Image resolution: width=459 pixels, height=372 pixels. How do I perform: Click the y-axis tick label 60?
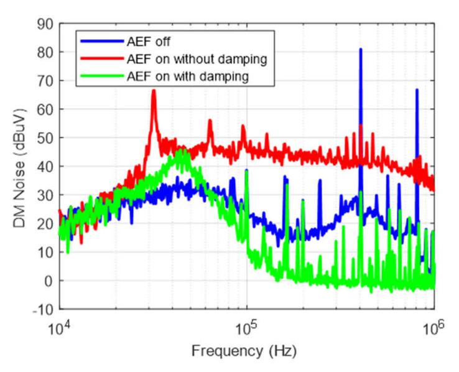(45, 109)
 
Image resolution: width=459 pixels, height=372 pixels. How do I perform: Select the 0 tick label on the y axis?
(49, 281)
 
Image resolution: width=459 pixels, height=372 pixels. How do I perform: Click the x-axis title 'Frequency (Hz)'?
(247, 351)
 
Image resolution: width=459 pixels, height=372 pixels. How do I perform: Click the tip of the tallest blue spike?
(360, 49)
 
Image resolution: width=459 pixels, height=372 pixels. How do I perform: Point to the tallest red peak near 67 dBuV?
(154, 90)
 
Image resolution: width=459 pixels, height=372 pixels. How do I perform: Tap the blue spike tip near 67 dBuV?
(417, 90)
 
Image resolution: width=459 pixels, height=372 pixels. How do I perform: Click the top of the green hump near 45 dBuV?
(182, 150)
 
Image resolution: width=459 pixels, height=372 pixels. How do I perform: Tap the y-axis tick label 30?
(45, 195)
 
